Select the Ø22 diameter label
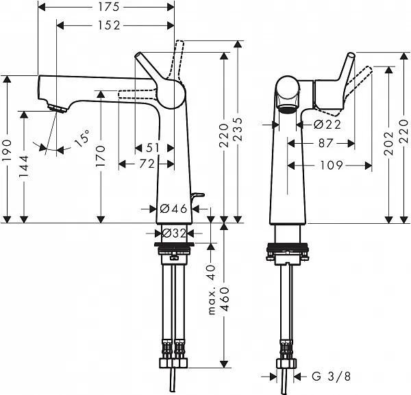327,125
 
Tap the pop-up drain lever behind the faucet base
199,197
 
